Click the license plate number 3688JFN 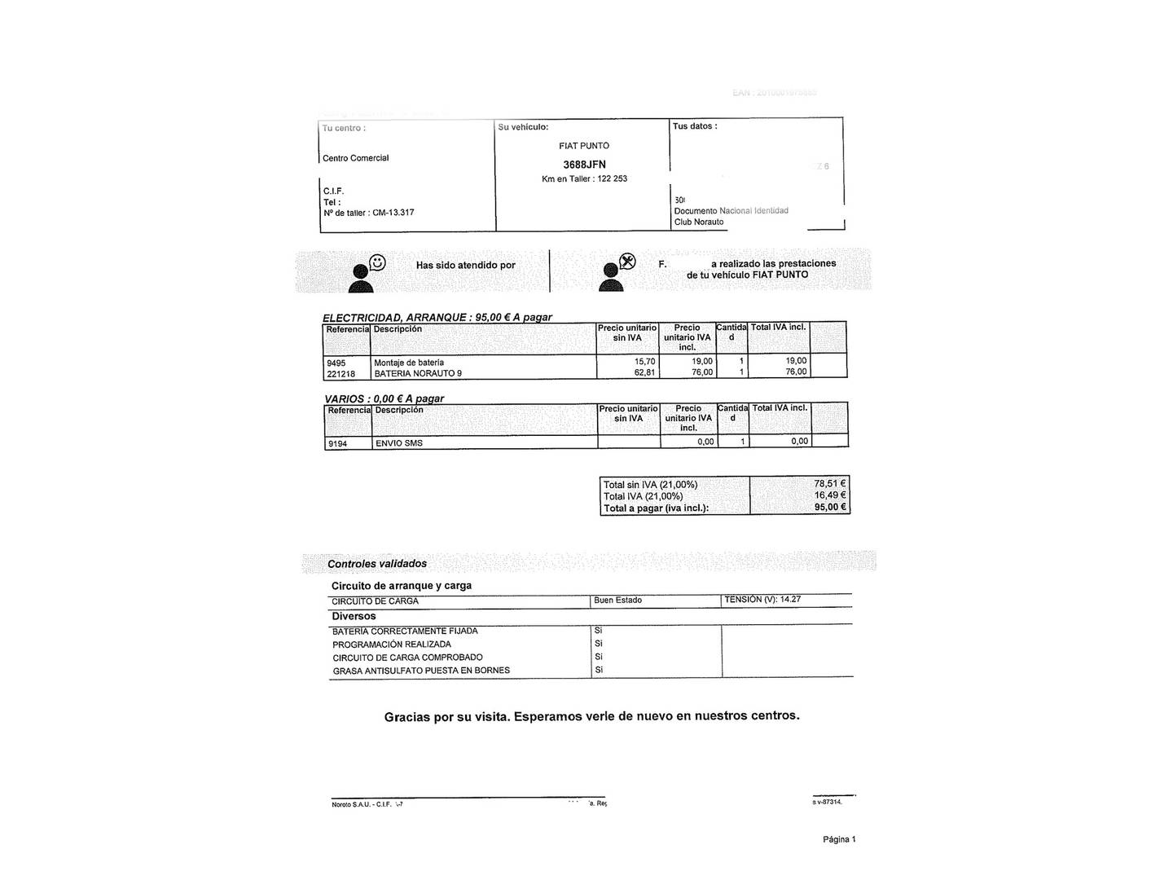[584, 165]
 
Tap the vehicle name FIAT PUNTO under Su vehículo [584, 146]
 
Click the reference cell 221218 [340, 374]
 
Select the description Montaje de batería [409, 363]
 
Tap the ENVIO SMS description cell [399, 443]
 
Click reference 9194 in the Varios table [337, 444]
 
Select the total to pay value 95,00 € [830, 507]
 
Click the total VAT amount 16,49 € [830, 495]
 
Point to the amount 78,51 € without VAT [830, 483]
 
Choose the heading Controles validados [377, 564]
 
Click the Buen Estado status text [617, 601]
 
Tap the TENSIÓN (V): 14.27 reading [762, 600]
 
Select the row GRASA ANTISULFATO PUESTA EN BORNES [421, 671]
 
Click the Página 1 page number [839, 839]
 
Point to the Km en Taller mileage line [584, 178]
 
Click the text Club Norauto [698, 222]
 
